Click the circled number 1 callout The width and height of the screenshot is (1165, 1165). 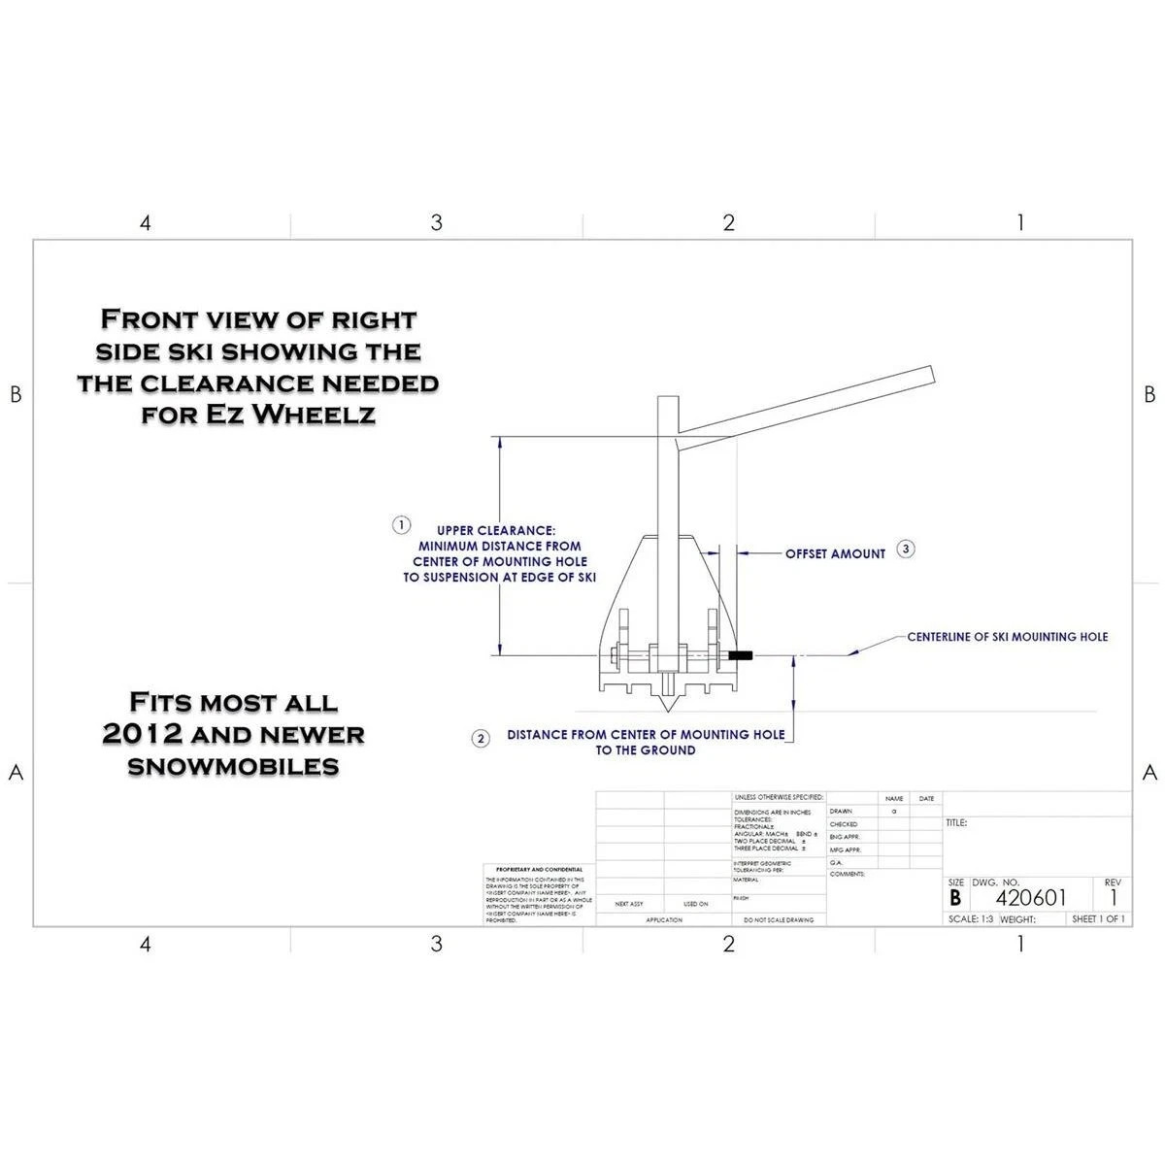[x=401, y=525]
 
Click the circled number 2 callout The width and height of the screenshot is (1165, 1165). [x=481, y=739]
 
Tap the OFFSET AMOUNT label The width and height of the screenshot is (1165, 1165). [x=836, y=553]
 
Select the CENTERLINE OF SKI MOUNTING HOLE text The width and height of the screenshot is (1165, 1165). [x=1007, y=637]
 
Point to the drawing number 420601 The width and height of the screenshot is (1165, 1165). [x=1031, y=898]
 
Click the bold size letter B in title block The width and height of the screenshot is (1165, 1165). [x=956, y=898]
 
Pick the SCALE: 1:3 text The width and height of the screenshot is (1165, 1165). [x=971, y=918]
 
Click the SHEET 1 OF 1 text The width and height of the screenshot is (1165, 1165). [x=1098, y=918]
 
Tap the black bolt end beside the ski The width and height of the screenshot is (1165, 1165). [x=742, y=657]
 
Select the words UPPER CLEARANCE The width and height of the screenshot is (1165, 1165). [x=496, y=531]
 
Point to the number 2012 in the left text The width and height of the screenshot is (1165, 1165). [x=141, y=735]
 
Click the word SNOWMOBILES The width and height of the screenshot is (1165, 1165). [x=234, y=767]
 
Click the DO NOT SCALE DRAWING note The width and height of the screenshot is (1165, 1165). [x=779, y=919]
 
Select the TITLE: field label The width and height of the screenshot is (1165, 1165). [x=956, y=823]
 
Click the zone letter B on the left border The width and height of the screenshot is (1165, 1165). [x=15, y=395]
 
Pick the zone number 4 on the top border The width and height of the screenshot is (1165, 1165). [x=146, y=223]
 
